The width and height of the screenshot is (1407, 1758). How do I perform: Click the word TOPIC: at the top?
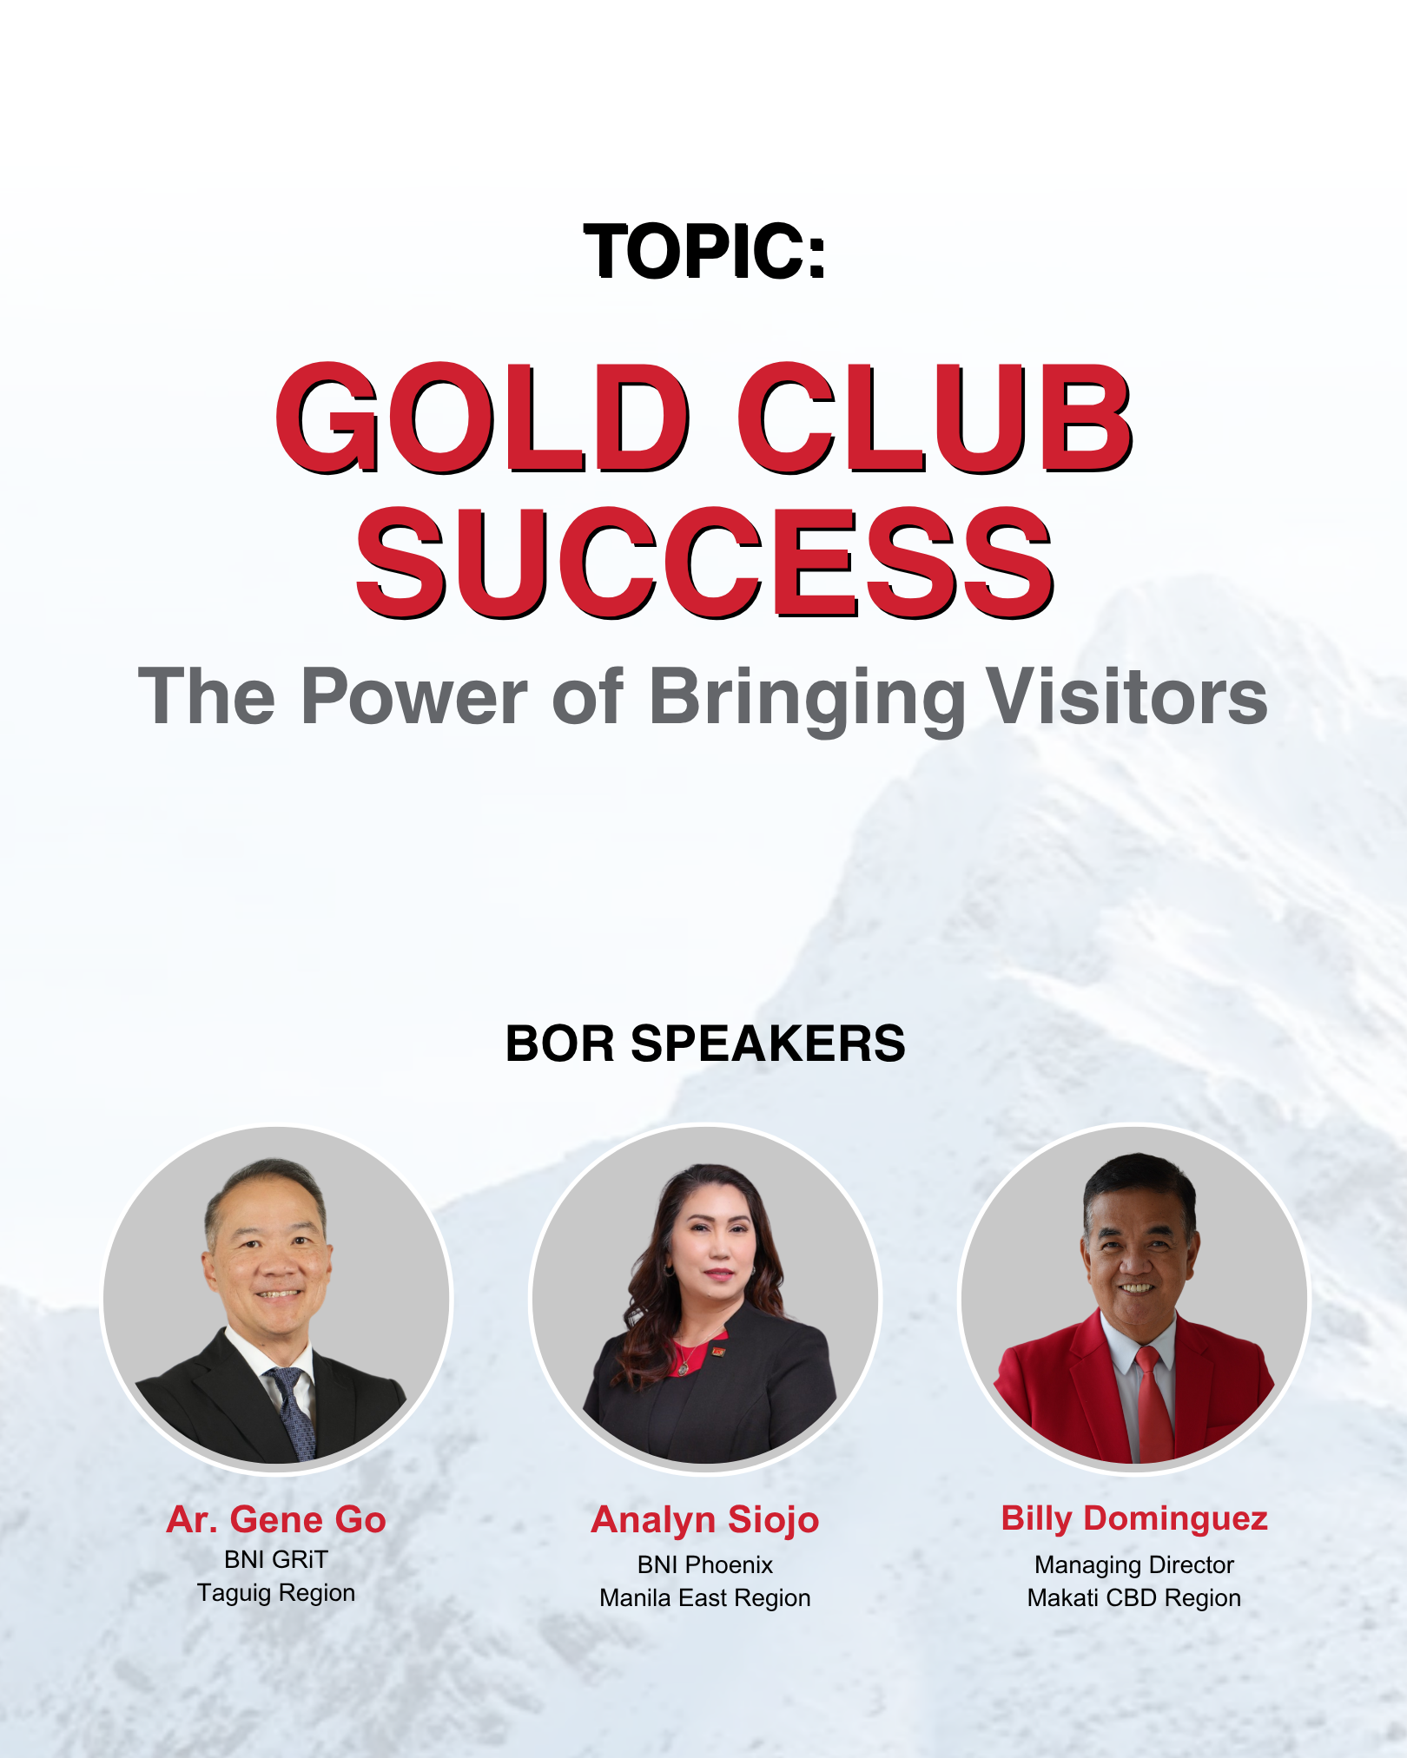pyautogui.click(x=704, y=252)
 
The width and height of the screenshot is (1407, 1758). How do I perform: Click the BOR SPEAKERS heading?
pyautogui.click(x=705, y=1044)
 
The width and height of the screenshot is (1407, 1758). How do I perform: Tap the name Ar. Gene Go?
pyautogui.click(x=276, y=1519)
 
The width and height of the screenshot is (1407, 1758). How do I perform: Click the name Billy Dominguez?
pyautogui.click(x=1134, y=1518)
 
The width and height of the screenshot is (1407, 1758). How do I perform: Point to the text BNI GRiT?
pyautogui.click(x=276, y=1560)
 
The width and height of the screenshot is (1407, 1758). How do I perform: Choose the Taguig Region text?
pyautogui.click(x=276, y=1594)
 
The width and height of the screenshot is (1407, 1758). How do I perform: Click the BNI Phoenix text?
pyautogui.click(x=705, y=1565)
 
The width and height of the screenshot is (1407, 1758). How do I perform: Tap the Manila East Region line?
pyautogui.click(x=705, y=1598)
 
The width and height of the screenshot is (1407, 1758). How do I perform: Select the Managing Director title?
pyautogui.click(x=1134, y=1565)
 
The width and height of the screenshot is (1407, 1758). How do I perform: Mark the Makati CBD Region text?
pyautogui.click(x=1134, y=1598)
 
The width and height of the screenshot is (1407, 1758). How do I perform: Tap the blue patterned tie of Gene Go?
pyautogui.click(x=294, y=1411)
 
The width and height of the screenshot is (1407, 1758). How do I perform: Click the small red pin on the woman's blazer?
pyautogui.click(x=717, y=1351)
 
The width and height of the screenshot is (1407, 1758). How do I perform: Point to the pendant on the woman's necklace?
pyautogui.click(x=684, y=1368)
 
